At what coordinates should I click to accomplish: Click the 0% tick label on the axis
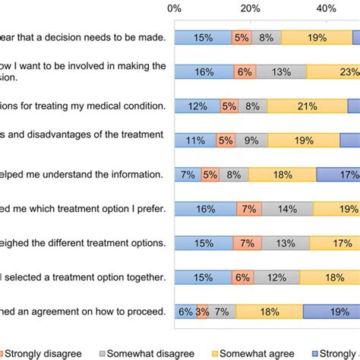(x=174, y=8)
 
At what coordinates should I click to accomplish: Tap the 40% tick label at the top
(x=327, y=8)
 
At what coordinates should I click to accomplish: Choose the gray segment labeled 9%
(x=251, y=141)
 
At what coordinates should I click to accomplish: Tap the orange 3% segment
(x=203, y=311)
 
